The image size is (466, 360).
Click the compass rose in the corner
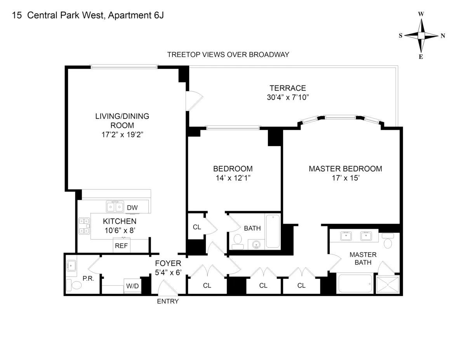tap(421, 35)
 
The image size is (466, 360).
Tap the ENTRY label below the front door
tap(168, 301)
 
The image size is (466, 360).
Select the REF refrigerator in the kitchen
tap(121, 246)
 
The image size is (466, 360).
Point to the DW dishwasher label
tap(132, 208)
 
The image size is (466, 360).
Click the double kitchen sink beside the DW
tap(115, 207)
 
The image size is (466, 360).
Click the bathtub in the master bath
tap(355, 283)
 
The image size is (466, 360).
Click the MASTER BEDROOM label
tap(345, 169)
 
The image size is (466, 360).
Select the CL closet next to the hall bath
tap(197, 227)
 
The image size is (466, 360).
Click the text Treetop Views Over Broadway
tap(228, 54)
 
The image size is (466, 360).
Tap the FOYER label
tap(168, 264)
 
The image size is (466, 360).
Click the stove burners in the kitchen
tap(84, 226)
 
